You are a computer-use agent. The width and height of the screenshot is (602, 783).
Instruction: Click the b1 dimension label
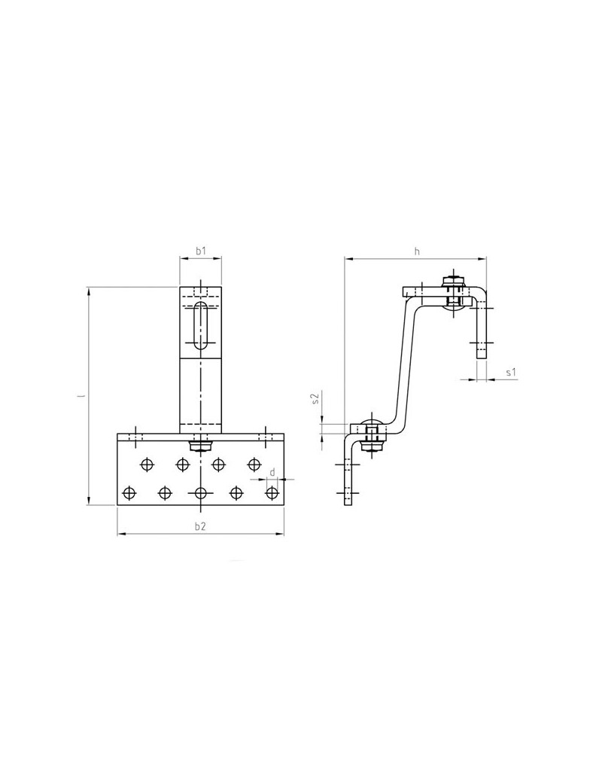[x=201, y=251]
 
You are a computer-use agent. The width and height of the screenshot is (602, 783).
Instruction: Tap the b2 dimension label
[x=201, y=526]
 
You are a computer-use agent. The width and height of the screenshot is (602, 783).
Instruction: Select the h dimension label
[x=418, y=251]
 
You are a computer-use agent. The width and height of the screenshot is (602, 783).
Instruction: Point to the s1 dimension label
[x=510, y=373]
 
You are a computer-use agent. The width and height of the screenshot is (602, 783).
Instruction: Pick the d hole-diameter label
[x=272, y=472]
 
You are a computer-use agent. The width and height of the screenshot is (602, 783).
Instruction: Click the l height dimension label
[x=81, y=396]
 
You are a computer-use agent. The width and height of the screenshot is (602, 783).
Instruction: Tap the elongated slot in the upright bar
[x=201, y=325]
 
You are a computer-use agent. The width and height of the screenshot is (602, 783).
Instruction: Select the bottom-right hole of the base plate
[x=272, y=493]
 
